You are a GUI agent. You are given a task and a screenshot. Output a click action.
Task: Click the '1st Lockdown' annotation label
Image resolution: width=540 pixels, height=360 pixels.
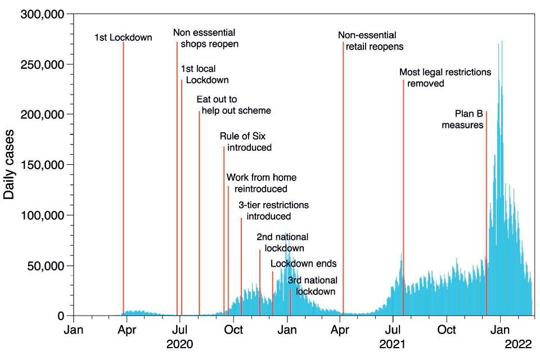123,38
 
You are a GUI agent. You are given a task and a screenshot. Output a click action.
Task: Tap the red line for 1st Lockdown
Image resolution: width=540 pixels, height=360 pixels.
123,169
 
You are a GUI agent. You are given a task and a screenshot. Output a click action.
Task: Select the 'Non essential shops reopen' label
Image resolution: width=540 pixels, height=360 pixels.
205,38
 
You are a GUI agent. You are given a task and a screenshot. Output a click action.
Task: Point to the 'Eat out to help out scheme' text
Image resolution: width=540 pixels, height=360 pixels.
233,105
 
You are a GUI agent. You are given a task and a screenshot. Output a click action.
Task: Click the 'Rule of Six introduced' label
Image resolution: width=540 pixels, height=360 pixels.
246,142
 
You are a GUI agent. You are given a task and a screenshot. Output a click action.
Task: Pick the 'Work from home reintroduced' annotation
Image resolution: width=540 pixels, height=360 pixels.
261,183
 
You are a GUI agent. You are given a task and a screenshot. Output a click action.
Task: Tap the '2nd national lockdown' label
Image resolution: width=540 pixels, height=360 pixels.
282,242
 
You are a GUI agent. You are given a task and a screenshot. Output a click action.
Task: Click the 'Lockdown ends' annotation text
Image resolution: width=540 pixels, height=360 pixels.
304,264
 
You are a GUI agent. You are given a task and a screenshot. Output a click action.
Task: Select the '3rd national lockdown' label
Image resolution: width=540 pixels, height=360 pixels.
313,286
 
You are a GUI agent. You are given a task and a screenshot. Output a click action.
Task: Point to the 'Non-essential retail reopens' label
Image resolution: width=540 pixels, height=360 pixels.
371,41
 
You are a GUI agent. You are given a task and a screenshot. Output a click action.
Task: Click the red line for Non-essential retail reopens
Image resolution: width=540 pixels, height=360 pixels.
343,169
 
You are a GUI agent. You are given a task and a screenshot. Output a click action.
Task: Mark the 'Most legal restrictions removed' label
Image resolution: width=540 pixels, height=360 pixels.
445,78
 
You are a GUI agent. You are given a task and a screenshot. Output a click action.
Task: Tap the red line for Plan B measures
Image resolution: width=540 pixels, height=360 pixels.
486,214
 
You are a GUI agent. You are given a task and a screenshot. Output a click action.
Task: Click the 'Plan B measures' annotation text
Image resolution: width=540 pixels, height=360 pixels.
463,119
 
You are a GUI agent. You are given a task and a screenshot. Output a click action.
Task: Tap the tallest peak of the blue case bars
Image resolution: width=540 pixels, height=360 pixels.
502,42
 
